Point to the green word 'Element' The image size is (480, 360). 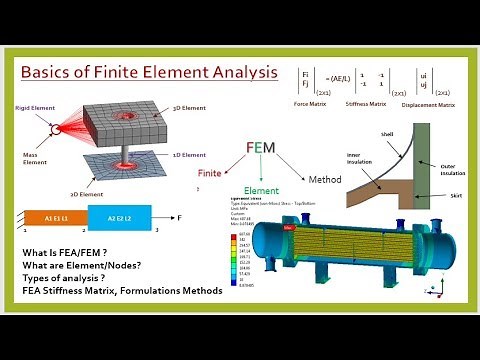262,190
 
